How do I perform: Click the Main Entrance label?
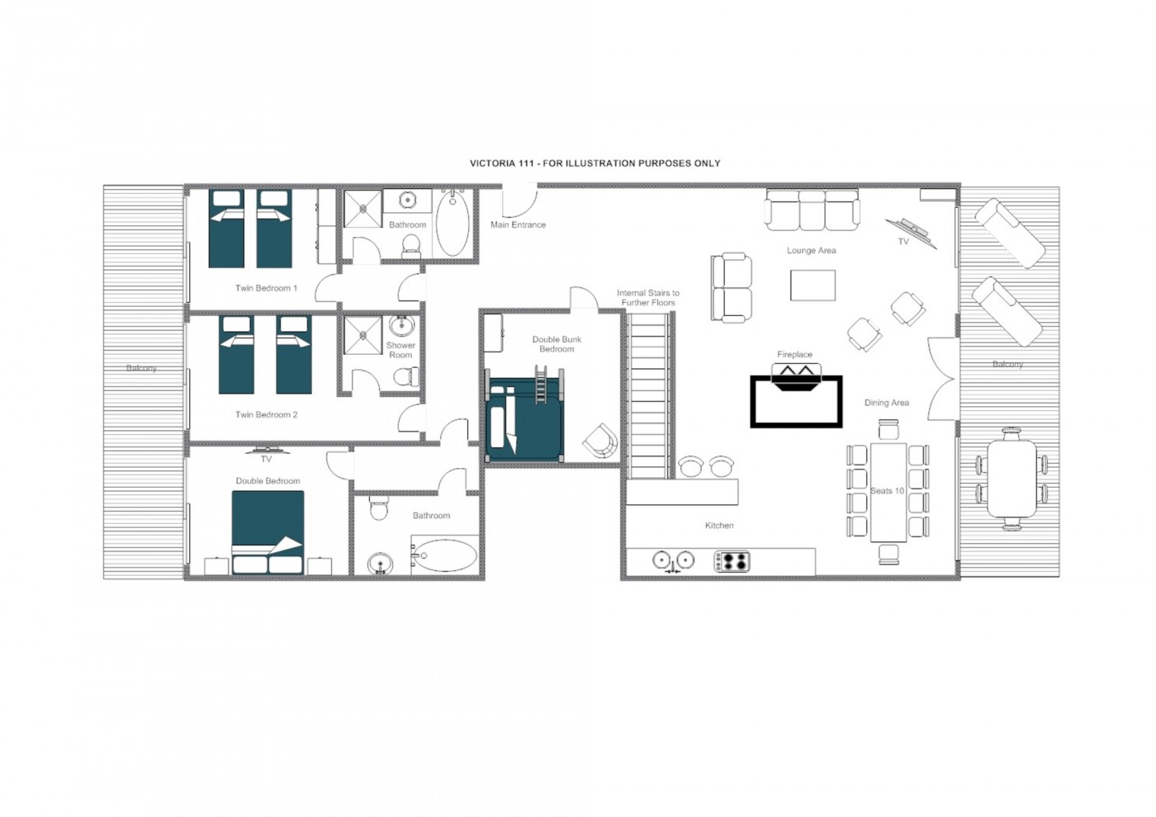pyautogui.click(x=518, y=224)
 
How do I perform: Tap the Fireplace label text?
pyautogui.click(x=794, y=354)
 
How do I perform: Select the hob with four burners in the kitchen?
pyautogui.click(x=732, y=561)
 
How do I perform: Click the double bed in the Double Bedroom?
pyautogui.click(x=268, y=531)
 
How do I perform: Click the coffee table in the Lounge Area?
pyautogui.click(x=813, y=286)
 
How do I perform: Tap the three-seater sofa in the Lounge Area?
pyautogui.click(x=813, y=210)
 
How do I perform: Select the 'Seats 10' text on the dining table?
pyautogui.click(x=887, y=490)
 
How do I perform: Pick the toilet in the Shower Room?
pyautogui.click(x=405, y=376)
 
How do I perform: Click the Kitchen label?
pyautogui.click(x=719, y=526)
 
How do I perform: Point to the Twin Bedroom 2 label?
pyautogui.click(x=266, y=414)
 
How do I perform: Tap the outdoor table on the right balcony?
pyautogui.click(x=1011, y=479)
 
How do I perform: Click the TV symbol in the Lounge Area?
pyautogui.click(x=911, y=233)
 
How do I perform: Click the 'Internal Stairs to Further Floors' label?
pyautogui.click(x=648, y=298)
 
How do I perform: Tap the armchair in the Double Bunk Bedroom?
pyautogui.click(x=600, y=441)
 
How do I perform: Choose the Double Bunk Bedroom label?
pyautogui.click(x=557, y=344)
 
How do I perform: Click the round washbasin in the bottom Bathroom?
pyautogui.click(x=381, y=563)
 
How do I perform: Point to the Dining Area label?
pyautogui.click(x=887, y=403)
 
